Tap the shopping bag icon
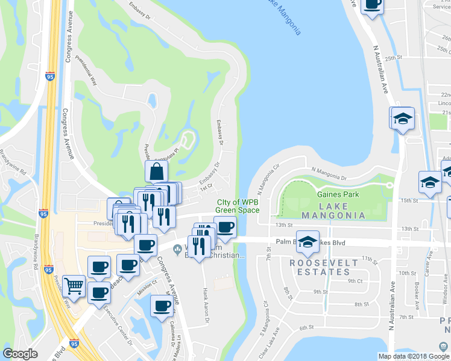click(156, 172)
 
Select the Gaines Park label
click(338, 194)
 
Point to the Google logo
click(20, 354)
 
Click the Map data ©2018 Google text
click(414, 356)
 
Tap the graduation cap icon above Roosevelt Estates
click(308, 242)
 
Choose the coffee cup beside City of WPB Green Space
click(225, 227)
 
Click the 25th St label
click(394, 58)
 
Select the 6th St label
click(307, 327)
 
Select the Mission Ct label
click(147, 281)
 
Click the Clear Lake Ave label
click(270, 341)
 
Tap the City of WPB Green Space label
click(238, 206)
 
